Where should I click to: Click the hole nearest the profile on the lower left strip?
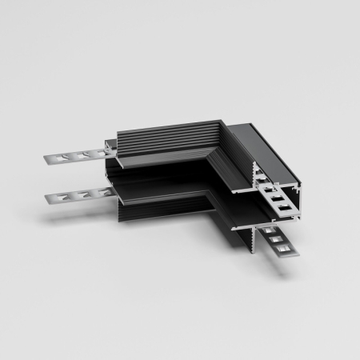tap(98, 191)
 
